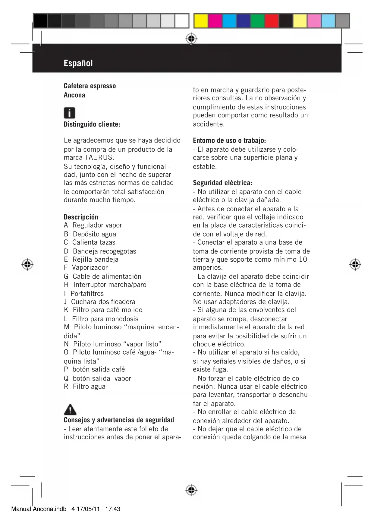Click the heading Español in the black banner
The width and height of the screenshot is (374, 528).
point(78,63)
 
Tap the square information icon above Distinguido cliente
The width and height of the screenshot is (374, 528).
point(69,113)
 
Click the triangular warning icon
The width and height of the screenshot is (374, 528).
point(70,409)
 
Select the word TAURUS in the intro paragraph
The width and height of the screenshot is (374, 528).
point(99,157)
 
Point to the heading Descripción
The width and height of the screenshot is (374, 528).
point(81,217)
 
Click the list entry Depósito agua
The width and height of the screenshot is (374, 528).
point(94,234)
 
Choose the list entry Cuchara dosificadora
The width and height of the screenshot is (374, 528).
point(103,302)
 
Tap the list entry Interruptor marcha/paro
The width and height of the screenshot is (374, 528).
point(110,284)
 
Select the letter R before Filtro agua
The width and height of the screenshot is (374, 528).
point(66,387)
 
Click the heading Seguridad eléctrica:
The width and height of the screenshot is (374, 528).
point(222,183)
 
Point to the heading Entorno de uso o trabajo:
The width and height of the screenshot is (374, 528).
point(229,141)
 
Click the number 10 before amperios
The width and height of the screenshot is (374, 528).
point(303,259)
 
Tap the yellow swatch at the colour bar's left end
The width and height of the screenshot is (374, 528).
point(201,21)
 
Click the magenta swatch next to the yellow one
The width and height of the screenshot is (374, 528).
point(215,21)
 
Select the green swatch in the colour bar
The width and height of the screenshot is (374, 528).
point(257,21)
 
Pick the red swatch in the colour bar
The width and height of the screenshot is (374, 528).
point(272,21)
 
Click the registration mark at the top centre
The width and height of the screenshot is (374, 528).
point(191,39)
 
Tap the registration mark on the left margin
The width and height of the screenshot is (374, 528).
point(27,264)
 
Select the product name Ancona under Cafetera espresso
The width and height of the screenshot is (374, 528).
point(74,95)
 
